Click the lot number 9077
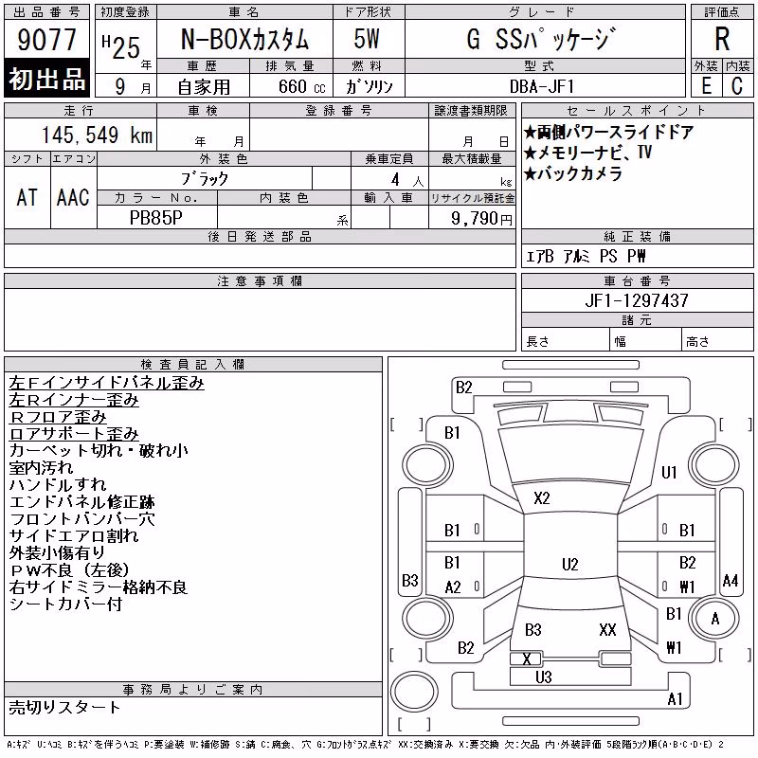[46, 40]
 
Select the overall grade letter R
[722, 39]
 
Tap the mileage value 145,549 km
[97, 135]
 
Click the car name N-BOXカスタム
[244, 39]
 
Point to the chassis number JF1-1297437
[637, 300]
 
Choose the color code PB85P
[156, 218]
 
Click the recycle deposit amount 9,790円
[481, 219]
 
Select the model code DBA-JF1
[542, 86]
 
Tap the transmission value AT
[27, 197]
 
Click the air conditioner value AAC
[73, 197]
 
